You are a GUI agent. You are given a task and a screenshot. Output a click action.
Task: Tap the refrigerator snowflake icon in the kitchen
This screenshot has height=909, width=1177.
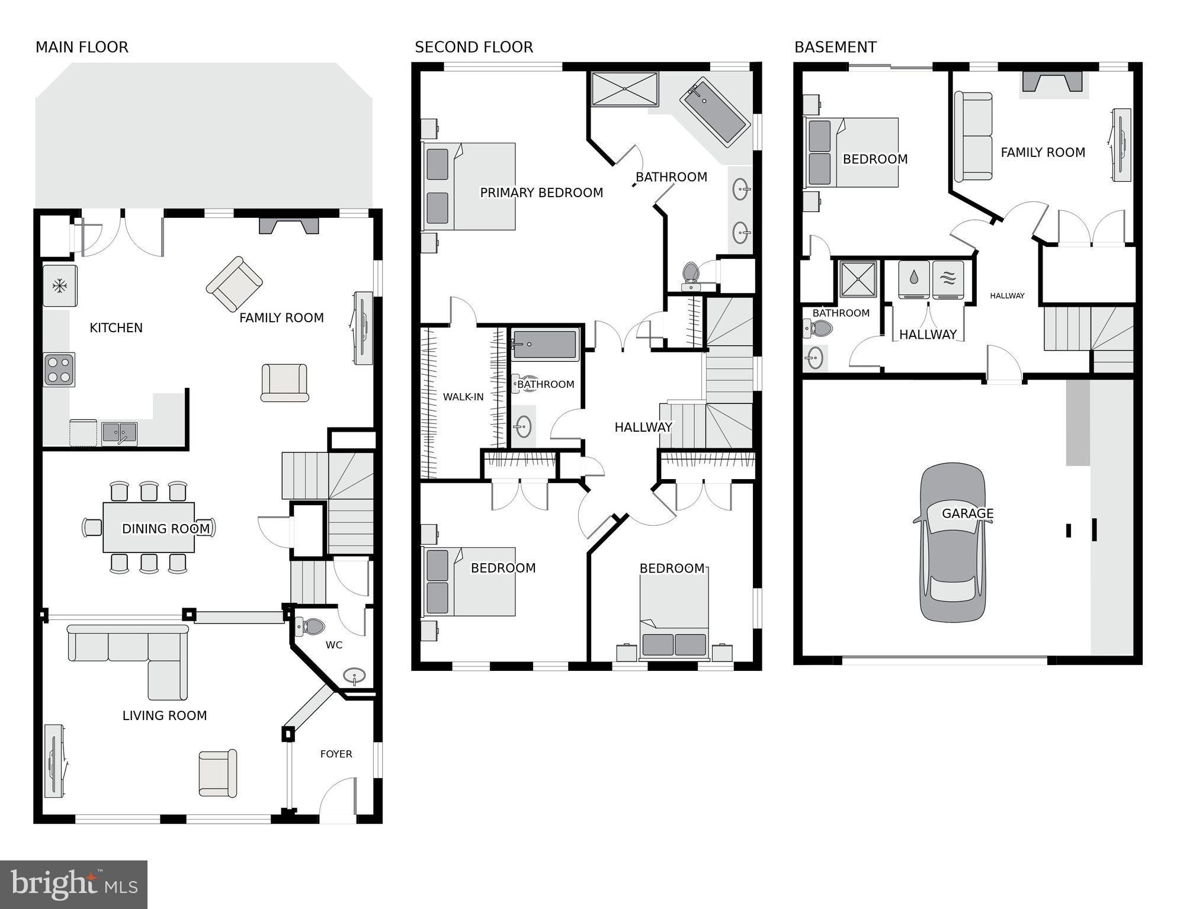tap(59, 286)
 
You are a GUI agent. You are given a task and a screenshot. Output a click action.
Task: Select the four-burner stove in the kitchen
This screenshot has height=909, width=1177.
tap(59, 370)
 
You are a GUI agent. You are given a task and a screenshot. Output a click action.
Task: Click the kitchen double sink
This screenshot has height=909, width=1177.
tap(119, 433)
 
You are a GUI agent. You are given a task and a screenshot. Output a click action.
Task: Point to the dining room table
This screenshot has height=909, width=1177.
tap(149, 527)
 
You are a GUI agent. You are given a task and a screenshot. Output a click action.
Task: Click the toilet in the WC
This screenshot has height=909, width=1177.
tap(311, 627)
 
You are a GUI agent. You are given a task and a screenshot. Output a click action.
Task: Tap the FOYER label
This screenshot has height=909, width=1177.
tap(336, 754)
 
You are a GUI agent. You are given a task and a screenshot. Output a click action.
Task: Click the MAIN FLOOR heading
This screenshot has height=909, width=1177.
tap(82, 47)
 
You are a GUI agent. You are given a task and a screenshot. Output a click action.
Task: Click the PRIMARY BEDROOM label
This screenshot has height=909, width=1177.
tap(541, 192)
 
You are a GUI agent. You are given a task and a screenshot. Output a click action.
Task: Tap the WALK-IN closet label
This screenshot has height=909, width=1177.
tap(463, 397)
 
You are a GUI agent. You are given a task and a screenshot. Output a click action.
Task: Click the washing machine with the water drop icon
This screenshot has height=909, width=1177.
tap(913, 279)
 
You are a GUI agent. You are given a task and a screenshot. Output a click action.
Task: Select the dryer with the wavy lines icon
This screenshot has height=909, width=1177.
tap(948, 279)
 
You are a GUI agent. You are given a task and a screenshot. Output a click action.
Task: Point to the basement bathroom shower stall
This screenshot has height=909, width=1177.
tap(858, 279)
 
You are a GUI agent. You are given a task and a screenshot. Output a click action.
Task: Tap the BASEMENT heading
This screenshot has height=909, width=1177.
tap(835, 47)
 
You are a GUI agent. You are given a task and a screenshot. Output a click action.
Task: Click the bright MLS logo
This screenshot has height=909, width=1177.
tap(73, 885)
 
